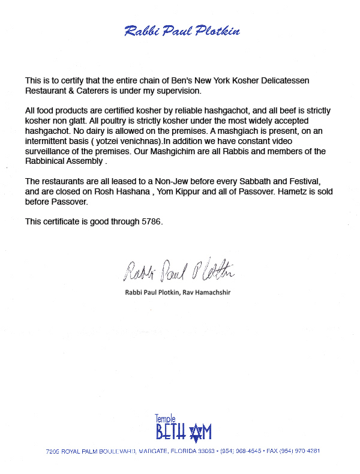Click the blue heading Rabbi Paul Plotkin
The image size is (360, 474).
tap(182, 31)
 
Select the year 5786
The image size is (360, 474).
tap(150, 221)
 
